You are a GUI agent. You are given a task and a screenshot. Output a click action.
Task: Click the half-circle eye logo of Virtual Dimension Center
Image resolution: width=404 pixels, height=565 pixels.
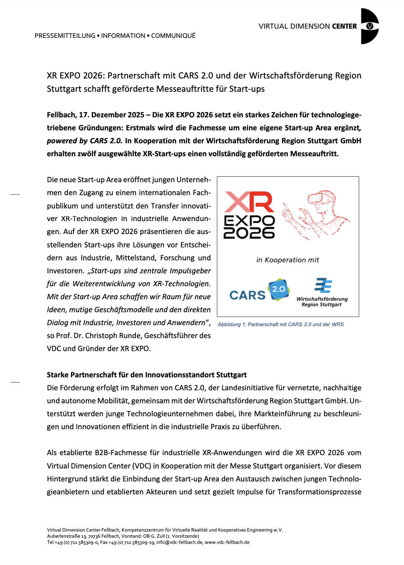369,26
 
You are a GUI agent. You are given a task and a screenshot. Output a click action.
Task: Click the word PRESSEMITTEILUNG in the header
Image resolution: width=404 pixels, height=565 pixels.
65,36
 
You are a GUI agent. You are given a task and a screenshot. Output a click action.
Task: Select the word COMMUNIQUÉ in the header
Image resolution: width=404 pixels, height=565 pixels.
173,36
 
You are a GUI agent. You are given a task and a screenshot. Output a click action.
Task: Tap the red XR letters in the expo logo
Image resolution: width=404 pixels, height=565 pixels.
249,202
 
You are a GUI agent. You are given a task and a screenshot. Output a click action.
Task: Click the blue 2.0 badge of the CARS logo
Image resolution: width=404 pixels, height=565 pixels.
279,289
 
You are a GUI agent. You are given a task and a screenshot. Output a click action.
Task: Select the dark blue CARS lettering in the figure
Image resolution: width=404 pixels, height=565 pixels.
247,295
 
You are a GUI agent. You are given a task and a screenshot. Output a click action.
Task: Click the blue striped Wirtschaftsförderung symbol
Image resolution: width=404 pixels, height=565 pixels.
323,286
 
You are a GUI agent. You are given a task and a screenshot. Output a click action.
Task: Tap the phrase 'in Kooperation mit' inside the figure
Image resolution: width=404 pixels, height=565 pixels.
288,260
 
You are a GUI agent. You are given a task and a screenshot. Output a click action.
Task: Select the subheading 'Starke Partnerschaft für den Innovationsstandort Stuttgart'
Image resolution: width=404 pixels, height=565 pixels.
147,375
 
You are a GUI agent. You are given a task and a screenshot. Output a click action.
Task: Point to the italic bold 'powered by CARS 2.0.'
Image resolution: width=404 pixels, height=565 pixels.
85,141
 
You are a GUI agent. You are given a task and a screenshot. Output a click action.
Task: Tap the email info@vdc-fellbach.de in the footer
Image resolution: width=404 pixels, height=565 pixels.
180,542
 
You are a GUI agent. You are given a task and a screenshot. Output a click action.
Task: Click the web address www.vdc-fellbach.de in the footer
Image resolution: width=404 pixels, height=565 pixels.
227,542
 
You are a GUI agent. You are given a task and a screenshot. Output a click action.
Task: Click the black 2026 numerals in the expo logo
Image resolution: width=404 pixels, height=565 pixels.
249,233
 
